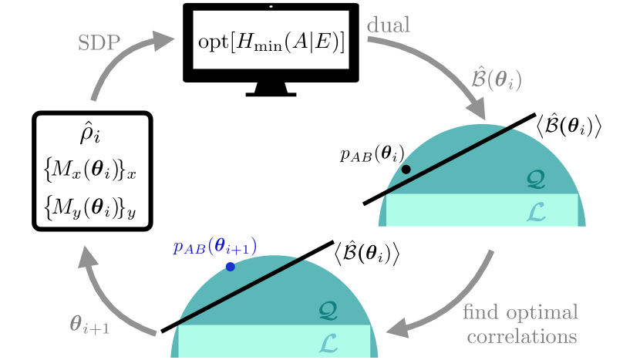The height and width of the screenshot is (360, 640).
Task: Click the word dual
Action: point(389,25)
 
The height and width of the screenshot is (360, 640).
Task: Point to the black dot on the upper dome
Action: point(406,169)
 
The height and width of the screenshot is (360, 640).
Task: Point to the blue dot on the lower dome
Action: point(230,267)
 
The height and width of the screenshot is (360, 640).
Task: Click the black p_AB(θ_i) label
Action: point(372,153)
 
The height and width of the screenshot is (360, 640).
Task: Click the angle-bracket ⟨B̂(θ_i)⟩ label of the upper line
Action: point(568,125)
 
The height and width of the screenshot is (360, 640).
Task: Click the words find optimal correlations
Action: point(520,325)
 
